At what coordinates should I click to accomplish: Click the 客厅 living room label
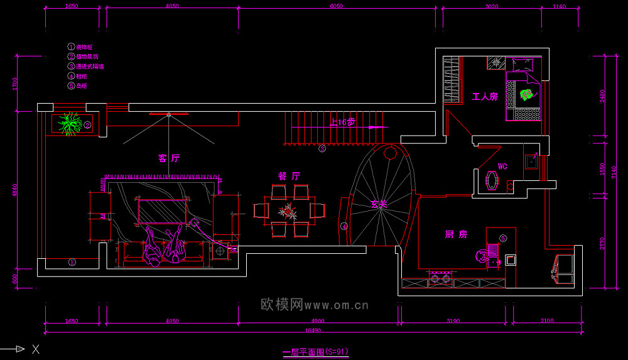tap(169, 158)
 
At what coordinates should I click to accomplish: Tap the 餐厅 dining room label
tap(289, 177)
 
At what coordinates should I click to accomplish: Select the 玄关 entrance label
tap(378, 204)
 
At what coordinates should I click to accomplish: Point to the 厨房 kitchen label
tap(456, 234)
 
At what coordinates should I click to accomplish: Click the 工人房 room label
tap(484, 97)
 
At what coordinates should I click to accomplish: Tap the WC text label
tap(502, 166)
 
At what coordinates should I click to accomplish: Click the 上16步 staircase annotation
tap(342, 122)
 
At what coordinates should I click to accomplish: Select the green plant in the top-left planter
tap(70, 124)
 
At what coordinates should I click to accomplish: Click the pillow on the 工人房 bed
tap(522, 64)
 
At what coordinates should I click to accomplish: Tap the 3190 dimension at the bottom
tap(452, 321)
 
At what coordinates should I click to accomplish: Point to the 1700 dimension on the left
tap(15, 84)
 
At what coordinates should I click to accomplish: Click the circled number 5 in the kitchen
tap(503, 238)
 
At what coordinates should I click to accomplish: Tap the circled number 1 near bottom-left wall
tap(72, 262)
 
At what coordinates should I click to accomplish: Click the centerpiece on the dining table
tap(289, 210)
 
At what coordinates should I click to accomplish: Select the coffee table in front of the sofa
tap(163, 210)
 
